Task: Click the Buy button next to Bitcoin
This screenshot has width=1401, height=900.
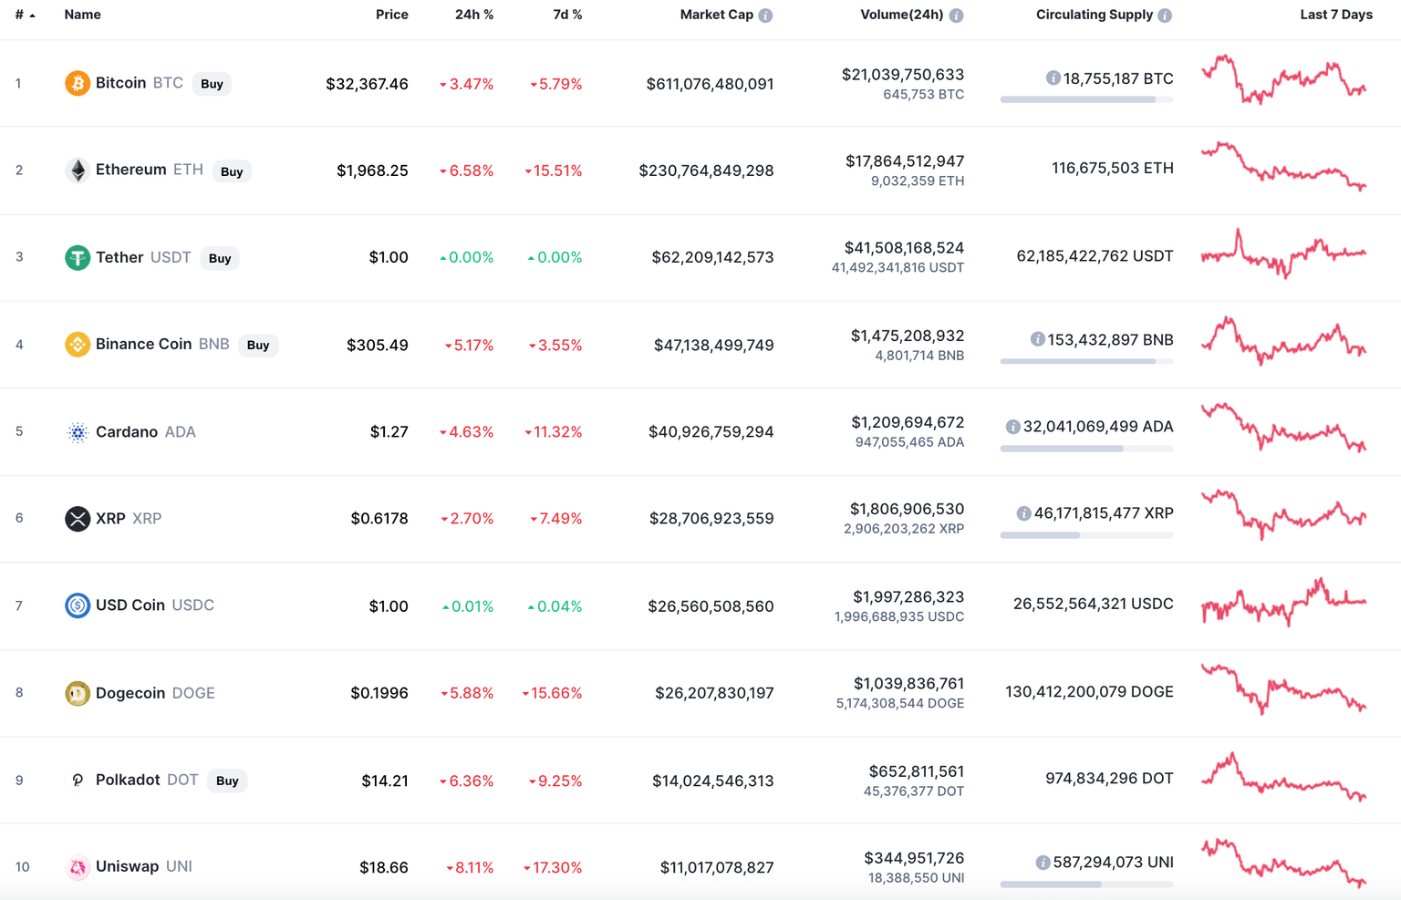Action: tap(212, 84)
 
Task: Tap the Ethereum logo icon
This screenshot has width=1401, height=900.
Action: tap(78, 171)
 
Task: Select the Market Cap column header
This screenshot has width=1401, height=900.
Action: tap(716, 15)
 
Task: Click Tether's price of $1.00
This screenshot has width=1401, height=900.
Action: tap(388, 258)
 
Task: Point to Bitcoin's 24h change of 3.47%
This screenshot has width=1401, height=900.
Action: tap(466, 84)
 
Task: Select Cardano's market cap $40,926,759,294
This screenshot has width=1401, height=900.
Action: tap(711, 432)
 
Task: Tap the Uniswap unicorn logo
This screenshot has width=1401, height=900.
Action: tap(78, 867)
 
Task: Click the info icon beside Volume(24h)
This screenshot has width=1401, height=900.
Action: tap(956, 16)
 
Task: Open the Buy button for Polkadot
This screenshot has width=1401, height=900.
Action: tap(227, 781)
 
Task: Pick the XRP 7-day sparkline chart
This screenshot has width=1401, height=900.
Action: tap(1283, 514)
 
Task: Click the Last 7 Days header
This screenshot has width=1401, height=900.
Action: tap(1335, 15)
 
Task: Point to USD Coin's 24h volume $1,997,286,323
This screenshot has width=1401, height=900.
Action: tap(908, 597)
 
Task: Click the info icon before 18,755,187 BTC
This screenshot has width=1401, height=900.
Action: tap(1053, 78)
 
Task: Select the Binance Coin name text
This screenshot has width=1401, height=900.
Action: tap(143, 345)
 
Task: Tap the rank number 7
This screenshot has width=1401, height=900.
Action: tap(19, 606)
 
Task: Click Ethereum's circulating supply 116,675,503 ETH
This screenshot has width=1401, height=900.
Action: tap(1112, 168)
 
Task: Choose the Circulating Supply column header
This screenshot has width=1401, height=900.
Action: tap(1094, 15)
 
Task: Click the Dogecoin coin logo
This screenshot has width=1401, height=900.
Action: tap(78, 694)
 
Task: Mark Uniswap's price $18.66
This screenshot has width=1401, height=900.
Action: tap(383, 867)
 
